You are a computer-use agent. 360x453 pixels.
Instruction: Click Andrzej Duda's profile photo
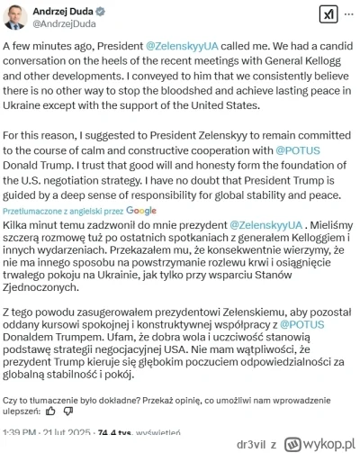pyautogui.click(x=20, y=19)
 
